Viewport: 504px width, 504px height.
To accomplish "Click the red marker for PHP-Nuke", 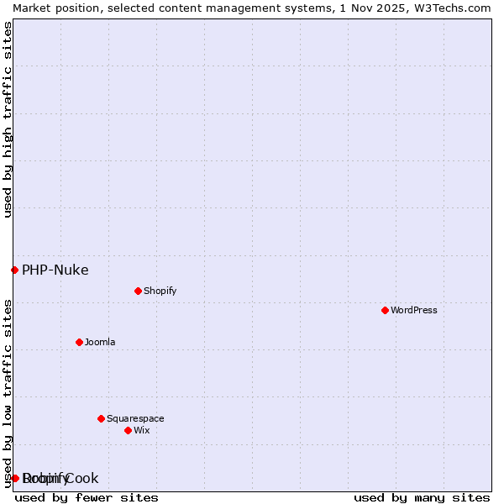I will coord(14,270).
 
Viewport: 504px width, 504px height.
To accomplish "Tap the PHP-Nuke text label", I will coord(55,270).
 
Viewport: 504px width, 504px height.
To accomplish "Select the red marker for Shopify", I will coord(138,291).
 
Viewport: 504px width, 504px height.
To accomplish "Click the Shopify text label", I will coord(160,291).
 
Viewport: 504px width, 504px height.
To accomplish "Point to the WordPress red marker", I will coord(385,310).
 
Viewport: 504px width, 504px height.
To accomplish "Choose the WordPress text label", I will coord(413,310).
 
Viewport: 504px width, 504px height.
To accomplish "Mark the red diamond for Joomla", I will coord(79,342).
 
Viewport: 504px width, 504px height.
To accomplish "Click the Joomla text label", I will coord(100,342).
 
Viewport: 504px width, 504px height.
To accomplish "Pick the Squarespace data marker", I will coord(101,418).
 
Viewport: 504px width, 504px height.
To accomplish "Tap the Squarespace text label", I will coord(135,418).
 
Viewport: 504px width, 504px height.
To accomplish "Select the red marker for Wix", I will coord(128,430).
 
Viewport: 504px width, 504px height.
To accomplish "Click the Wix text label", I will coord(141,430).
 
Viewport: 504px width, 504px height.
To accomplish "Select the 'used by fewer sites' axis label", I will coord(87,497).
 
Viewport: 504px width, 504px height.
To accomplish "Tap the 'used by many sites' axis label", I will coord(422,497).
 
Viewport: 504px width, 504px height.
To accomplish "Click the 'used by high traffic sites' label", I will coord(8,119).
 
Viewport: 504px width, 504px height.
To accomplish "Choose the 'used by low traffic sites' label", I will coord(8,393).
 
